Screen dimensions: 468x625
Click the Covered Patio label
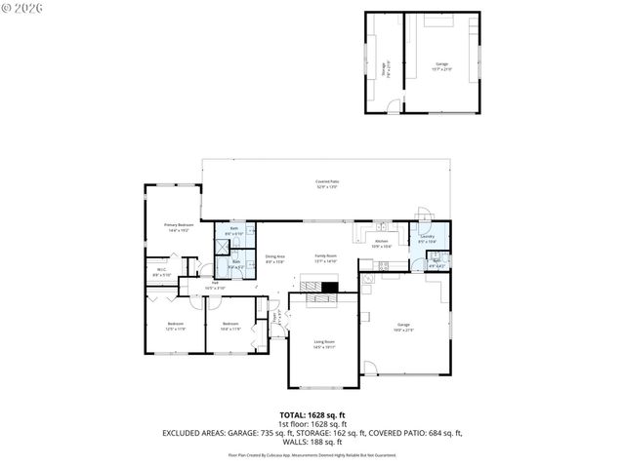point(326,183)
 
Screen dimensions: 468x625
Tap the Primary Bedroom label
point(179,226)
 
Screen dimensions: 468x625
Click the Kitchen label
point(382,244)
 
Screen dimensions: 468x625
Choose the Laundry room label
point(427,238)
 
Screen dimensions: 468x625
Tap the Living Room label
point(324,343)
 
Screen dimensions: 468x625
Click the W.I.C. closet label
point(161,273)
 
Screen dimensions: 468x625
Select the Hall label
point(214,286)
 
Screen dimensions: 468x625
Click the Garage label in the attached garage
point(403,327)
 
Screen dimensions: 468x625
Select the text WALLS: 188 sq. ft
point(312,440)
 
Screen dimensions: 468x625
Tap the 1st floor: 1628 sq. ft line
point(312,423)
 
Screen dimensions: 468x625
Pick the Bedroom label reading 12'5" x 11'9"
point(175,325)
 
